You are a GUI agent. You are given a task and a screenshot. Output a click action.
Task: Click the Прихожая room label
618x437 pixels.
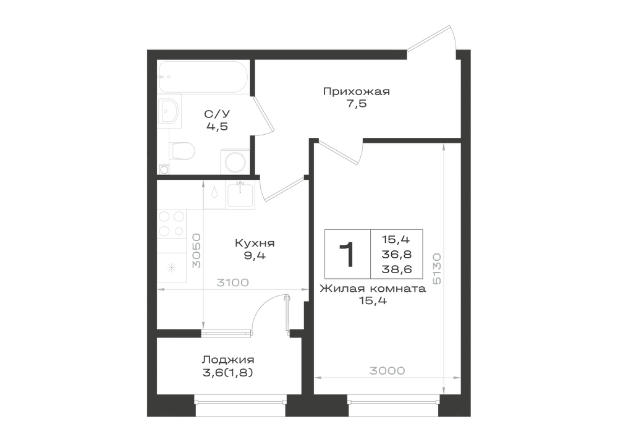357,92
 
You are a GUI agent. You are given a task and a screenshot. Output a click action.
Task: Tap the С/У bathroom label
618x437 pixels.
217,114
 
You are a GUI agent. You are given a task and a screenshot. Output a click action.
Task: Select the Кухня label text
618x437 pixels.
255,243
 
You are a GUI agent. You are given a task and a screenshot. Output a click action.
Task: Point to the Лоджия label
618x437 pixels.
228,360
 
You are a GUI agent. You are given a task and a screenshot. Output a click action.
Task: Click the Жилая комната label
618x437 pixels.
373,289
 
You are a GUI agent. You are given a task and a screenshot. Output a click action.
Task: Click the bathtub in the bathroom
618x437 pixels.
203,77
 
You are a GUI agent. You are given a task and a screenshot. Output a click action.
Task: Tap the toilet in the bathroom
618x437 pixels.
182,151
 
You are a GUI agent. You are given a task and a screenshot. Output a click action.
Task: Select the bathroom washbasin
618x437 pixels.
169,111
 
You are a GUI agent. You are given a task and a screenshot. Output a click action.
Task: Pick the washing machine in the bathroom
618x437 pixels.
235,161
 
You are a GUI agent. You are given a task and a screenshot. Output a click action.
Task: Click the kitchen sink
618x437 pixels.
240,195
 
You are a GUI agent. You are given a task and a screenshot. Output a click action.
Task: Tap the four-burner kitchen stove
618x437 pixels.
172,224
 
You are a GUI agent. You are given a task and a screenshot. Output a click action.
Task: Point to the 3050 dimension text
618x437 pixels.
197,250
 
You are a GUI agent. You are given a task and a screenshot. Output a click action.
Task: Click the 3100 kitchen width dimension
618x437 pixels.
233,282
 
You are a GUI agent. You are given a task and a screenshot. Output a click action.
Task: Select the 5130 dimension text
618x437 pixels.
437,269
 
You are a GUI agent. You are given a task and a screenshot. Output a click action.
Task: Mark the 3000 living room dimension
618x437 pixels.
387,371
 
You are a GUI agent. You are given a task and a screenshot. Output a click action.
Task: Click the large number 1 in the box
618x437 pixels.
347,255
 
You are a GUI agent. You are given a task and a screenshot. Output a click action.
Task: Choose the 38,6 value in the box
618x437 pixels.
397,269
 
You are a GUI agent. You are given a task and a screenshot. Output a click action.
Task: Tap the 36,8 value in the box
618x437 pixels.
397,255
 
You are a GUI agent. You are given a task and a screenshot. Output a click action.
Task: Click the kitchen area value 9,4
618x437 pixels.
255,256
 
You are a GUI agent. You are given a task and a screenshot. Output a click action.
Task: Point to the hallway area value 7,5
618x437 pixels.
357,104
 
